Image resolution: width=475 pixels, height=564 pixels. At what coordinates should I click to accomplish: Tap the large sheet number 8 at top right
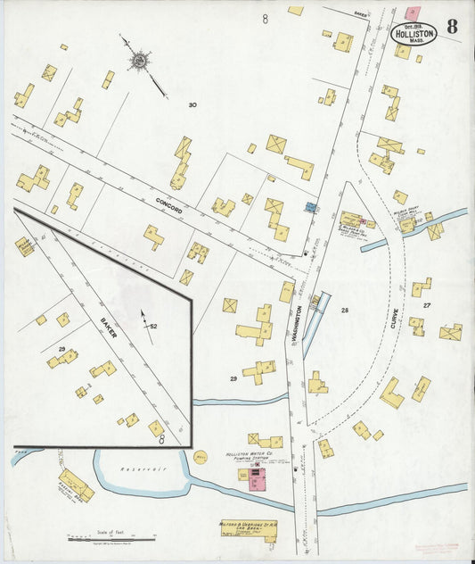tap(453, 26)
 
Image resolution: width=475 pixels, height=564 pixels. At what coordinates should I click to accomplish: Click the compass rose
tap(139, 61)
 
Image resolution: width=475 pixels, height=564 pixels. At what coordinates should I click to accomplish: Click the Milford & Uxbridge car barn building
tap(247, 533)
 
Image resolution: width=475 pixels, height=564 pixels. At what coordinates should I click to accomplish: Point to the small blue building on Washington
tap(310, 207)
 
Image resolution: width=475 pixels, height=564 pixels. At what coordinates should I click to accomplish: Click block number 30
tap(192, 105)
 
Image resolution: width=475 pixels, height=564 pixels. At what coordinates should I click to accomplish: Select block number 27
tap(428, 306)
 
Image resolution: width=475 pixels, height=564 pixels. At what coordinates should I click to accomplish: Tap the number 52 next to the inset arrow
tap(153, 327)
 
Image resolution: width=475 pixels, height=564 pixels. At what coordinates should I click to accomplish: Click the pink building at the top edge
tap(412, 12)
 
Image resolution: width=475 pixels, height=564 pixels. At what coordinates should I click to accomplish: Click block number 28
tap(344, 310)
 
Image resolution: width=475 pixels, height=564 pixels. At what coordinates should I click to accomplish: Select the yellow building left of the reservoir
tap(76, 485)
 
